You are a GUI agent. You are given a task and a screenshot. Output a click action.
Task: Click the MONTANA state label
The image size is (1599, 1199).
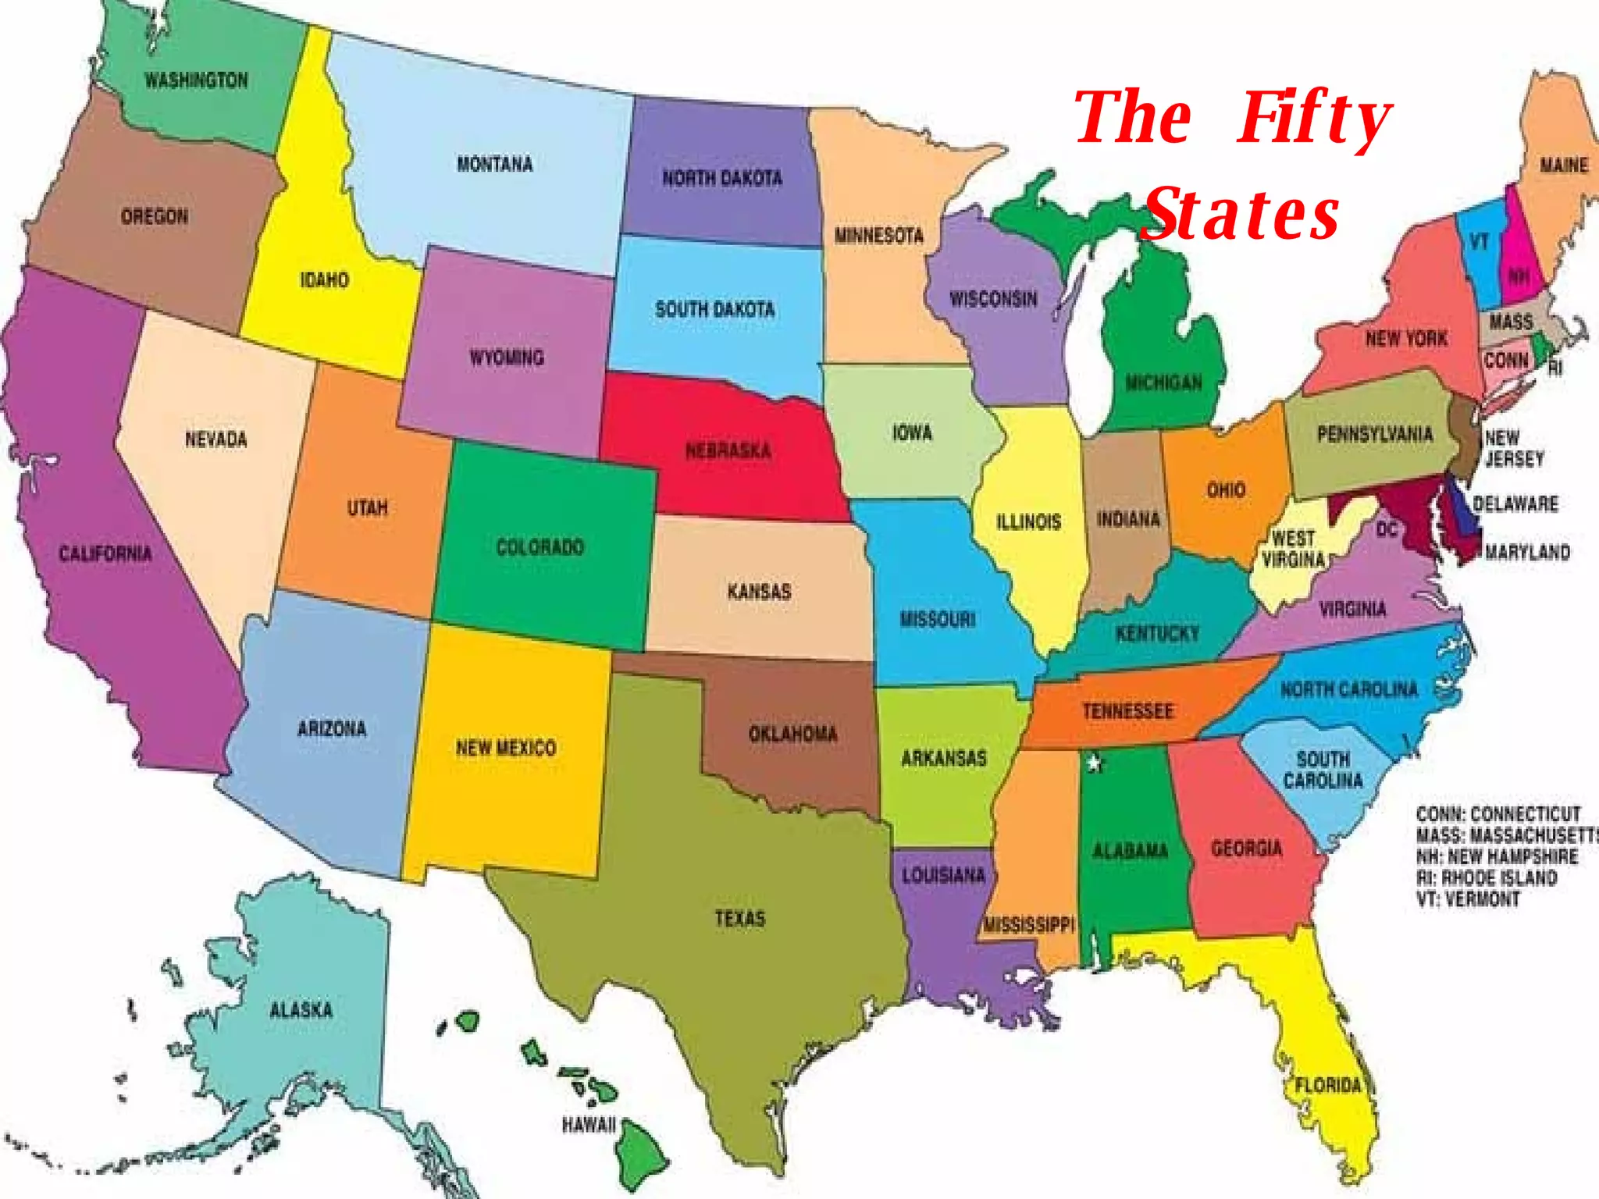point(494,164)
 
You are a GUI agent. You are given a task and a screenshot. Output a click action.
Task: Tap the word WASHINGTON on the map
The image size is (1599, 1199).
point(196,80)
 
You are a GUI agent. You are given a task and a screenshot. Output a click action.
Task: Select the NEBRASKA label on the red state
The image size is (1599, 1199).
point(728,450)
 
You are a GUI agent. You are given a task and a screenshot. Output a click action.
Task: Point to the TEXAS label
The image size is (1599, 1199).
point(739,918)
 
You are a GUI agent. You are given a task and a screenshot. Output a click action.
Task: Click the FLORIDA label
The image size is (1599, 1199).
point(1328,1085)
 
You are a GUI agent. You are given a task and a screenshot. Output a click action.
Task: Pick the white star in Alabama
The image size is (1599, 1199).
point(1095,763)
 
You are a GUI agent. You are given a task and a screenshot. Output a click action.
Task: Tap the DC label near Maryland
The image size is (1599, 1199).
point(1387,530)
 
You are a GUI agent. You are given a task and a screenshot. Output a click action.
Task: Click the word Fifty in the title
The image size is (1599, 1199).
point(1313,119)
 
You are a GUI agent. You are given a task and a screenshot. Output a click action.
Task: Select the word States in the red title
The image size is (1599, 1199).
point(1241,214)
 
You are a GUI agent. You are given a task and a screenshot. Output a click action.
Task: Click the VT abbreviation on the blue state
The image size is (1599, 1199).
point(1479,241)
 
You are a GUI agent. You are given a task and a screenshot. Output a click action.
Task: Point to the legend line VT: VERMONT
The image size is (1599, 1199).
point(1468,898)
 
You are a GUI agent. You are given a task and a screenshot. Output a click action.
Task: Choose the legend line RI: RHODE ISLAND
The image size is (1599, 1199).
point(1487,877)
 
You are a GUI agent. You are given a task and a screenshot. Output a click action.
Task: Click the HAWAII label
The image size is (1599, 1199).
point(589,1125)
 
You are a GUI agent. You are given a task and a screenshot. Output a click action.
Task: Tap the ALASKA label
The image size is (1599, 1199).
point(301,1010)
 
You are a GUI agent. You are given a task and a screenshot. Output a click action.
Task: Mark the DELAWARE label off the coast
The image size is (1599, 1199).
point(1515,503)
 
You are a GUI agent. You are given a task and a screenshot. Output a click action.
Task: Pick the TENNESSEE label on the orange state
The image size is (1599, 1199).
point(1127,711)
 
